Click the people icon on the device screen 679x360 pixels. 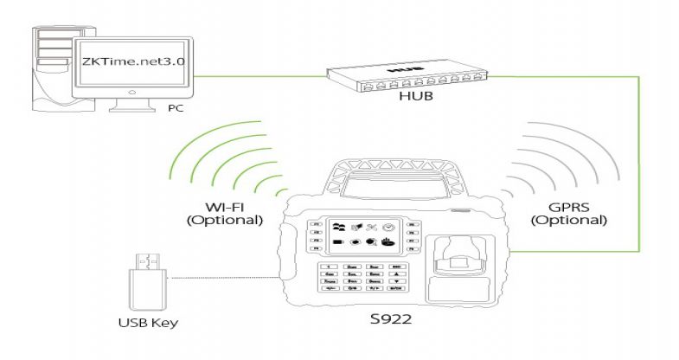339,226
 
